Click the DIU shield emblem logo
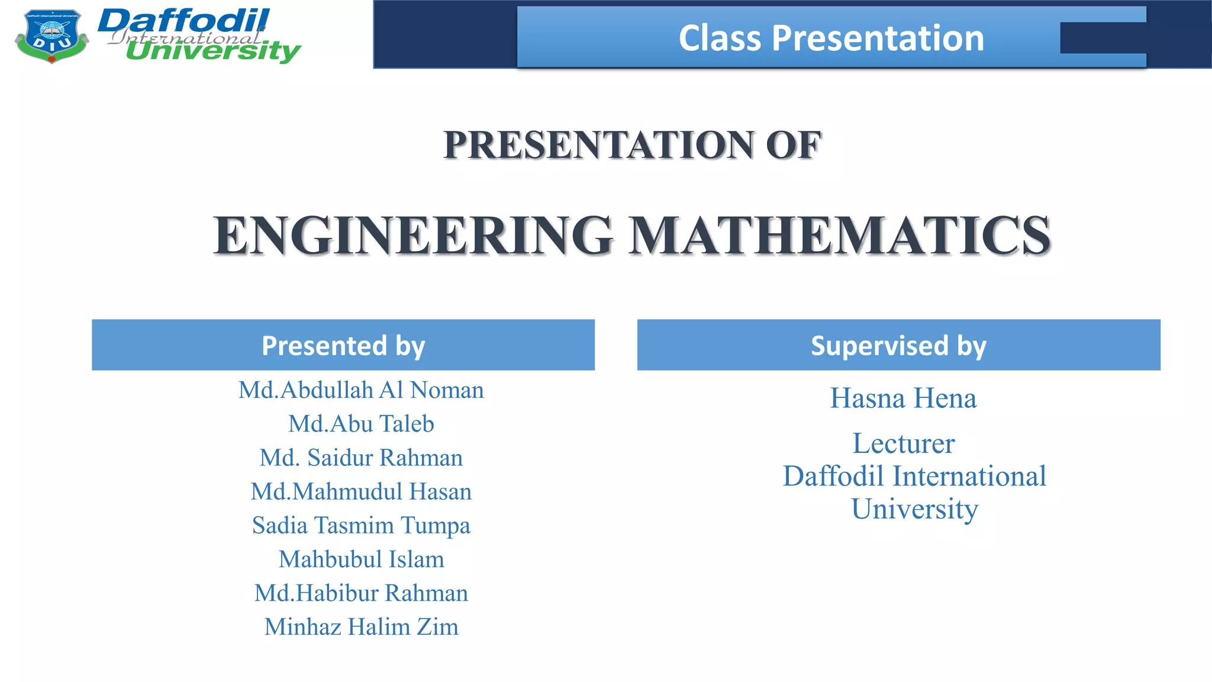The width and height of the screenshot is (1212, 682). pyautogui.click(x=51, y=36)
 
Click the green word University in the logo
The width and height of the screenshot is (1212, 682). pyautogui.click(x=213, y=52)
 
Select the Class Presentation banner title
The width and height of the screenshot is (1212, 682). pyautogui.click(x=831, y=38)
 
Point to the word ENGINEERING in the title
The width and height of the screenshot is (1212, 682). pyautogui.click(x=413, y=236)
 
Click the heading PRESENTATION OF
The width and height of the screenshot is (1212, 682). pyautogui.click(x=632, y=145)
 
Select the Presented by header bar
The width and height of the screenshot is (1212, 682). pyautogui.click(x=343, y=345)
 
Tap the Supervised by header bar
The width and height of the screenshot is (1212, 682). pyautogui.click(x=898, y=345)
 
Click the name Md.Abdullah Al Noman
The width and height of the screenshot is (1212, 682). pyautogui.click(x=361, y=390)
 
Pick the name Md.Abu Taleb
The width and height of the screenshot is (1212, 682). pyautogui.click(x=361, y=424)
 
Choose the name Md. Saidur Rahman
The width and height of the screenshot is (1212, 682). pyautogui.click(x=361, y=458)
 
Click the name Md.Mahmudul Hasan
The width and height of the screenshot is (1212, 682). pyautogui.click(x=361, y=491)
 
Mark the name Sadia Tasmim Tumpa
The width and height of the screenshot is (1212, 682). pyautogui.click(x=361, y=526)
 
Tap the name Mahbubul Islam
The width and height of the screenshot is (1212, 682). pyautogui.click(x=361, y=559)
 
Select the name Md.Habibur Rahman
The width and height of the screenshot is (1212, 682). pyautogui.click(x=361, y=593)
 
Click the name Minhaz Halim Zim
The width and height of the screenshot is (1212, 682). pyautogui.click(x=361, y=627)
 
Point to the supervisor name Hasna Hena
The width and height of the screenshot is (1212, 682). pyautogui.click(x=903, y=398)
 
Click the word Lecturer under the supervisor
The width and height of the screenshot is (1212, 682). pyautogui.click(x=903, y=443)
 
